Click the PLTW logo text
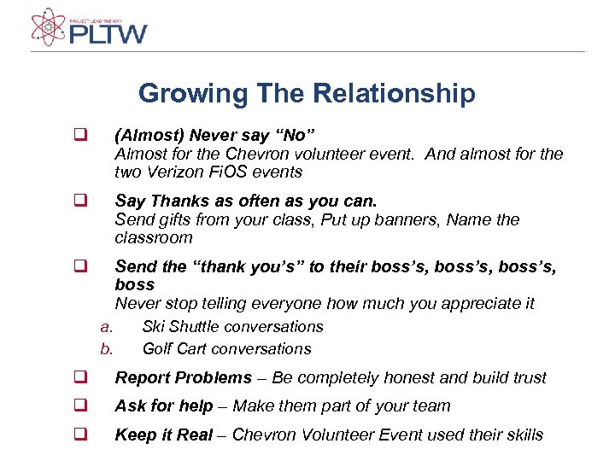point(108,33)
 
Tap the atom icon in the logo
point(48,27)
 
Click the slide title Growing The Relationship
point(307,92)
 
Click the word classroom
point(154,237)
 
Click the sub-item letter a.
point(106,326)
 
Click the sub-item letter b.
point(106,348)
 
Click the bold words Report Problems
point(184,377)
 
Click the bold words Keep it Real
point(163,435)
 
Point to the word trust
point(529,377)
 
